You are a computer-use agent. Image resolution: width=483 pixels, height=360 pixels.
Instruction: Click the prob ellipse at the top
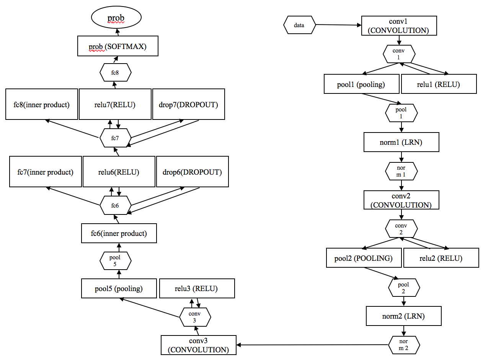click(116, 17)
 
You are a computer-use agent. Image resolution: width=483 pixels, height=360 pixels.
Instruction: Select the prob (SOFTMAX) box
click(117, 46)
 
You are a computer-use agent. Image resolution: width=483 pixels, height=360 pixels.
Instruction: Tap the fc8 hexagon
click(116, 72)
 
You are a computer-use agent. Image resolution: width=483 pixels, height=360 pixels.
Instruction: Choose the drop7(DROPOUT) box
click(189, 104)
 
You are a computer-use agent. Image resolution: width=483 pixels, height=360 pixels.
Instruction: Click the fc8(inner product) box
click(42, 104)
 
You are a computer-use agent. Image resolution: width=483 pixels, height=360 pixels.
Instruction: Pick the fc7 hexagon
click(116, 138)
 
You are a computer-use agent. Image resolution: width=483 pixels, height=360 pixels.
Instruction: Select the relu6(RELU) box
click(119, 172)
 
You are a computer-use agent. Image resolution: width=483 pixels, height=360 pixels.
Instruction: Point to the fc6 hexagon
click(116, 205)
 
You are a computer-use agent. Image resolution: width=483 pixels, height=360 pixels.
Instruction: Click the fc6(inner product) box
click(119, 233)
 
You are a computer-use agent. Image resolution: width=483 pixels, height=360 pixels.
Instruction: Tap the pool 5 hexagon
click(116, 261)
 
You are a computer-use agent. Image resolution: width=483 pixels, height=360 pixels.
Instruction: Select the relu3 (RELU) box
click(197, 288)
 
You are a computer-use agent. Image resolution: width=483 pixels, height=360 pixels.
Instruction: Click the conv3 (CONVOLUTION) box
click(198, 345)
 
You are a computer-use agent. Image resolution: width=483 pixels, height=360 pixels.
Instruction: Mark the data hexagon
click(299, 25)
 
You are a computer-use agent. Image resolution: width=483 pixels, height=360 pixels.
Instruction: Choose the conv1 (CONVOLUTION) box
click(399, 26)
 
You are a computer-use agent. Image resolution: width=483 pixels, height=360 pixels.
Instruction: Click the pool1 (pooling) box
click(362, 84)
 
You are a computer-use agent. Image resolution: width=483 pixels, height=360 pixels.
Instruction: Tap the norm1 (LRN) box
click(401, 142)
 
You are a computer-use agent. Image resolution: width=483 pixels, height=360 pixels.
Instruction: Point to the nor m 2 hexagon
click(404, 345)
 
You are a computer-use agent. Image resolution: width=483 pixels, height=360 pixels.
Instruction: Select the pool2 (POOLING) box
click(364, 258)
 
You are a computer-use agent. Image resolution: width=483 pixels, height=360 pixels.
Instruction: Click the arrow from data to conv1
click(338, 25)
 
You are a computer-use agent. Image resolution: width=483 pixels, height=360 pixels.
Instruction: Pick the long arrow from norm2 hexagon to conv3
click(312, 345)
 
